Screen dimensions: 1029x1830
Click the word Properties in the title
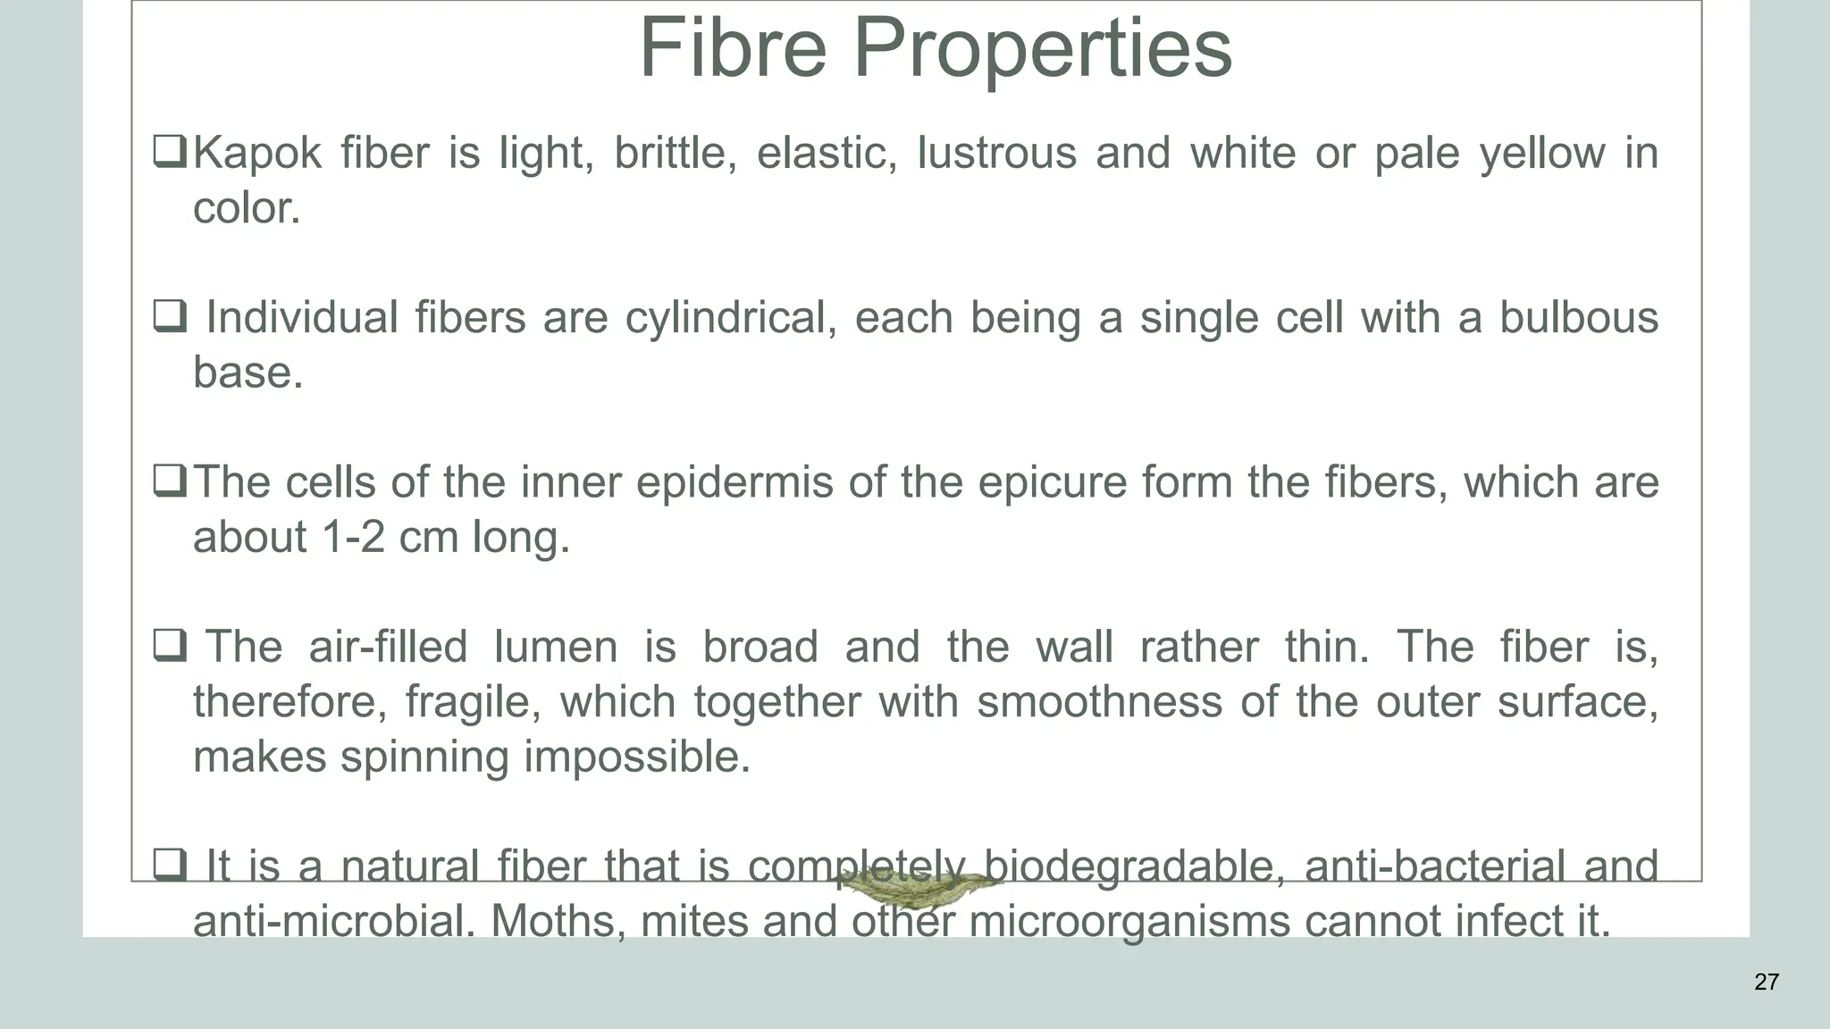pos(1043,50)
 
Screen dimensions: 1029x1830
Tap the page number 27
pos(1766,982)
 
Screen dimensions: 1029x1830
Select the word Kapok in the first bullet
pos(256,153)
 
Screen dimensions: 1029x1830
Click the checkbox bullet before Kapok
pos(169,151)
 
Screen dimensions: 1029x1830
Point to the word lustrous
pos(996,153)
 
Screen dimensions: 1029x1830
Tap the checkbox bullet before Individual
pos(169,316)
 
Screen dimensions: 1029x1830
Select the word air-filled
pos(387,647)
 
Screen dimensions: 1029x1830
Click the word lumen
pos(555,647)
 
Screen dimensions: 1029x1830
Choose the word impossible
pos(636,757)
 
